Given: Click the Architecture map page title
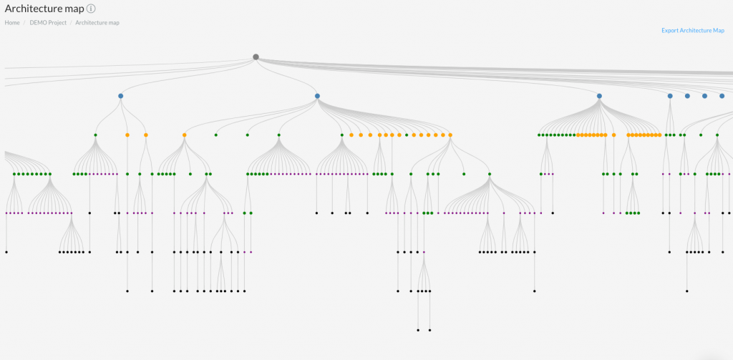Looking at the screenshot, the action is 44,9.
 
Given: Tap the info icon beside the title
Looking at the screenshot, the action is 91,9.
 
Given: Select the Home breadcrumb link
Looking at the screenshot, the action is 12,22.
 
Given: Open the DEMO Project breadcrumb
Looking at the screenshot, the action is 48,22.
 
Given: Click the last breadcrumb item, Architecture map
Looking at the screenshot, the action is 97,22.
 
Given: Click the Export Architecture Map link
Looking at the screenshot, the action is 693,30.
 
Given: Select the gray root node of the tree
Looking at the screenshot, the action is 256,57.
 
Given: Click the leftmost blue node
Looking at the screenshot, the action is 120,96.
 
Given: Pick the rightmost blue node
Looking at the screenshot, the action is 722,96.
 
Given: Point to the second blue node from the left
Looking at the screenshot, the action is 317,96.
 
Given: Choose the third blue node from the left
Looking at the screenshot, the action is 599,96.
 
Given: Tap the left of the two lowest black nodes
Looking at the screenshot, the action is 418,330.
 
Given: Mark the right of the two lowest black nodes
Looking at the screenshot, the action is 429,330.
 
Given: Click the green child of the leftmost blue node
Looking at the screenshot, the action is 95,135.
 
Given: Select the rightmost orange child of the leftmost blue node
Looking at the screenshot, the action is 146,135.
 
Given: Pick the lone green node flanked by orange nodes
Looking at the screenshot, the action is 407,135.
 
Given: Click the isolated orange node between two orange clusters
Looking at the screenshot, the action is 613,135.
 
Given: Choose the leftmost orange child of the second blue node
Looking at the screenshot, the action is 184,135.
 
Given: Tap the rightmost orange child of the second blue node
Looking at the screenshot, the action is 450,135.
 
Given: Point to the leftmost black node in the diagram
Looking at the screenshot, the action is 6,252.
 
